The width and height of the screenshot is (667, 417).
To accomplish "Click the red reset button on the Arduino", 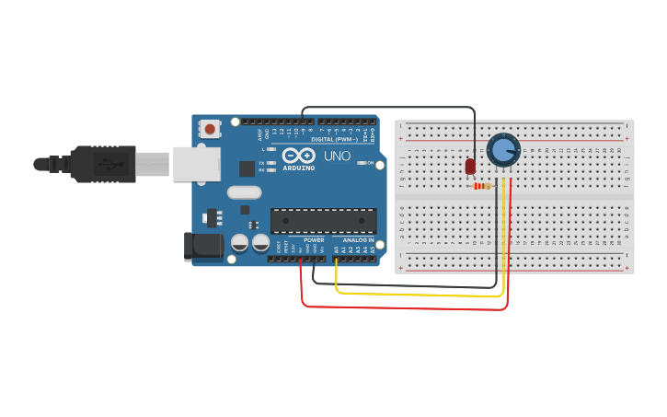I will click(211, 130).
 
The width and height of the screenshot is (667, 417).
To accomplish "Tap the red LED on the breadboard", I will click(470, 166).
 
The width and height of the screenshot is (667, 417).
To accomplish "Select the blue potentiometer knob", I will click(502, 150).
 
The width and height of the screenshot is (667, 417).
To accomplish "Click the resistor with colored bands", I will click(481, 186).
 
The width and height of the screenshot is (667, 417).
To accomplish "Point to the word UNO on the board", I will click(337, 156).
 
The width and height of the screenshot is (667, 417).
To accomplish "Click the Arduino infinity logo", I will click(298, 156).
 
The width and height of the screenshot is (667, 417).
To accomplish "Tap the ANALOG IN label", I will click(359, 239).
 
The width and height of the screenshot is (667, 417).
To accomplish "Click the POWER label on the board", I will click(314, 239).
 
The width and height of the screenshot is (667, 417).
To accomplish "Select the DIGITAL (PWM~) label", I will click(335, 140).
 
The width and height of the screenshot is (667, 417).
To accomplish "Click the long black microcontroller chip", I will click(323, 221).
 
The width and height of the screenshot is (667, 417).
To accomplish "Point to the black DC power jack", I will click(203, 246).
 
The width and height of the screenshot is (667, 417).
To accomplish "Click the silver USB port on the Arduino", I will click(197, 163).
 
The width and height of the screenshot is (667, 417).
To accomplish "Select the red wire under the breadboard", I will click(405, 307).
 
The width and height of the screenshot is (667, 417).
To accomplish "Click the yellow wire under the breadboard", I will click(414, 295).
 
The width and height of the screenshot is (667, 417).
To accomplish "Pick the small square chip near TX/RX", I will click(247, 168).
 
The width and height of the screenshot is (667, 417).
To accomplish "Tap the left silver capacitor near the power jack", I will click(239, 243).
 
